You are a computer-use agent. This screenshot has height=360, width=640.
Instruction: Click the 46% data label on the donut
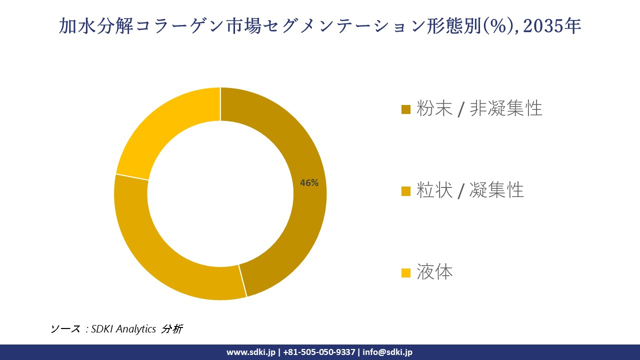pyautogui.click(x=309, y=183)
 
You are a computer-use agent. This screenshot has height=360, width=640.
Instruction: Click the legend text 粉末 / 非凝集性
pyautogui.click(x=479, y=108)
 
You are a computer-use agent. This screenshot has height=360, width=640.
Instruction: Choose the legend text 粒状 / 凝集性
pyautogui.click(x=470, y=190)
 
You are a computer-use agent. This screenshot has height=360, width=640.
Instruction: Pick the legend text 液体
pyautogui.click(x=434, y=272)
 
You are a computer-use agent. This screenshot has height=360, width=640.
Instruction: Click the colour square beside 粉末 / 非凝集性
pyautogui.click(x=406, y=109)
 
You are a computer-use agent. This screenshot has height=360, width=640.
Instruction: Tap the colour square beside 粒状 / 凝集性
pyautogui.click(x=406, y=191)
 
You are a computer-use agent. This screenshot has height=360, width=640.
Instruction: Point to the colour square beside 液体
pyautogui.click(x=406, y=273)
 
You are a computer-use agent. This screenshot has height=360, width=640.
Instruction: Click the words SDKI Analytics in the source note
pyautogui.click(x=123, y=329)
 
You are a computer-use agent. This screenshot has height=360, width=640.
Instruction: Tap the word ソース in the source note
pyautogui.click(x=65, y=329)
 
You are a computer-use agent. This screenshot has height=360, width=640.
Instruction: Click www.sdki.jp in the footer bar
pyautogui.click(x=250, y=352)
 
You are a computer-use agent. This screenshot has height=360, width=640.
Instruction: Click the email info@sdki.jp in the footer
pyautogui.click(x=387, y=352)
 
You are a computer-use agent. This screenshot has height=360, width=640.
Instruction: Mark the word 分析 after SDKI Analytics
pyautogui.click(x=172, y=329)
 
